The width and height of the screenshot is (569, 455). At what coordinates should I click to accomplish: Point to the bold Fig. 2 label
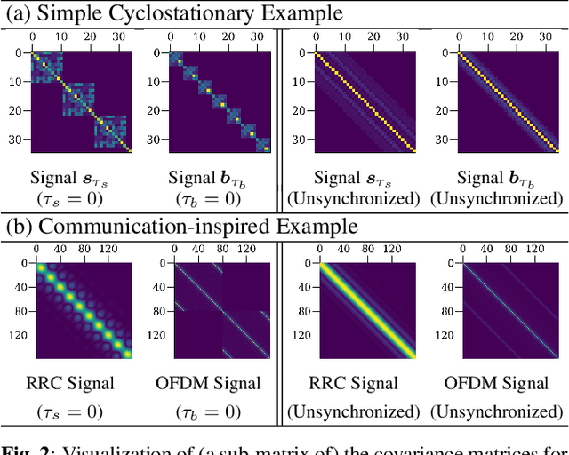(x=25, y=447)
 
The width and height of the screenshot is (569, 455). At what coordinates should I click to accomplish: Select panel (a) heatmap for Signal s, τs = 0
(x=83, y=100)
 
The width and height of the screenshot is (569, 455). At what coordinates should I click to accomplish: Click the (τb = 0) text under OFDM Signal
(x=219, y=412)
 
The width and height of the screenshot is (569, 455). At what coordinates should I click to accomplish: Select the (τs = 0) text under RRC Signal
(x=83, y=412)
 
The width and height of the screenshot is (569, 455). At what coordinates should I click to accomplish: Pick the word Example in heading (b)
(x=315, y=227)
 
